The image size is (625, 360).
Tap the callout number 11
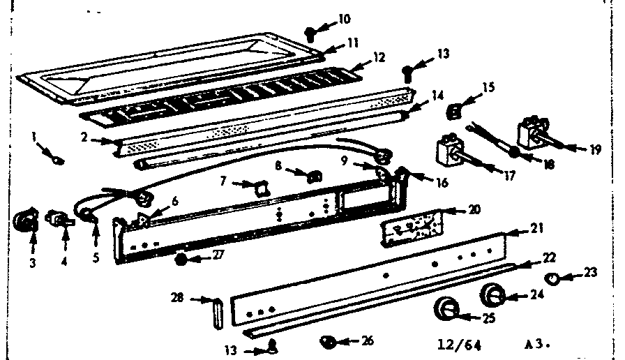coord(353,43)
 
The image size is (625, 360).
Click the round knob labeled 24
coord(492,297)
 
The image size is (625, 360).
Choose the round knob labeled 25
coord(446,309)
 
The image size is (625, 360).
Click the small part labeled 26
coord(328,341)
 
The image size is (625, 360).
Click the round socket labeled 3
coord(27,222)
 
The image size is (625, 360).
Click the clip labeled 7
coord(259,187)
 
